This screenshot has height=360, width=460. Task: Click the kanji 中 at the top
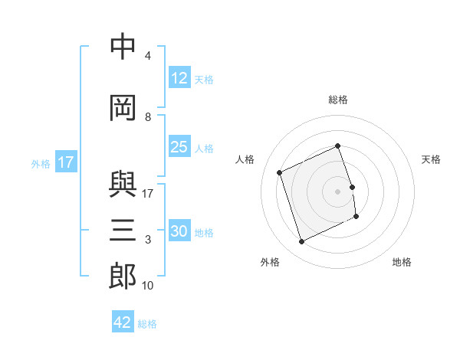coord(123,46)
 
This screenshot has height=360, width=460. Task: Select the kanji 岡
coord(123,108)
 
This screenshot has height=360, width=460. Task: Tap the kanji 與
coord(123,184)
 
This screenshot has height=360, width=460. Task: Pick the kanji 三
coord(123,230)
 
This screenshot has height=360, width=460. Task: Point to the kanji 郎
coord(123,276)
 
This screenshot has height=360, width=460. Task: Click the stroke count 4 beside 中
coord(148,56)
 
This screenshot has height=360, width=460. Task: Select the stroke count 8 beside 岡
coord(148,117)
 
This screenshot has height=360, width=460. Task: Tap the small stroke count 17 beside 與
coord(147,194)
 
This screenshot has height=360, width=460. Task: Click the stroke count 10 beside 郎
coord(147,286)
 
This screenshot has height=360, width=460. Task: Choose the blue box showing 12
coord(180,77)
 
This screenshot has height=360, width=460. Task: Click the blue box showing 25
coord(180,146)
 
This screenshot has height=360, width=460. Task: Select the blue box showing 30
coord(180,230)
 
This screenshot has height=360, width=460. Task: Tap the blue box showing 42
coord(123,321)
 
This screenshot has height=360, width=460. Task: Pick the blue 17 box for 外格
coord(66,162)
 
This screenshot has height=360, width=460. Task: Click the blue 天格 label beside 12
coord(204,80)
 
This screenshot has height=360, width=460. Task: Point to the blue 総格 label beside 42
coord(147,324)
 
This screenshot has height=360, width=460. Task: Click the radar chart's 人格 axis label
coord(245,159)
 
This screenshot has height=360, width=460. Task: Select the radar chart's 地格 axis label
coord(402,262)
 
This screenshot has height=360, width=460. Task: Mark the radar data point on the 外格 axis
coord(301,241)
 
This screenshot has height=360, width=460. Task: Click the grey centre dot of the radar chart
coord(337,191)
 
